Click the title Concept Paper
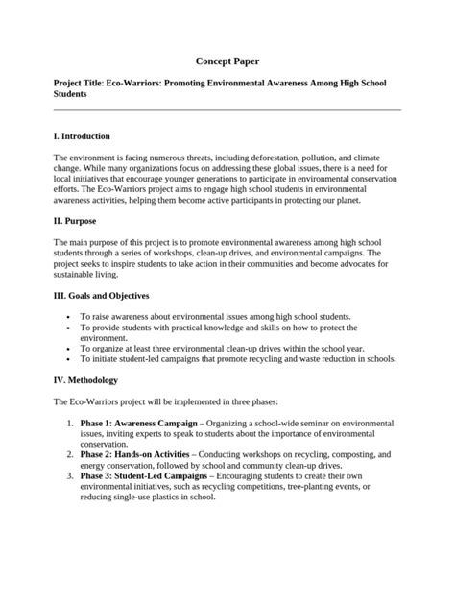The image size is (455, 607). coord(227,61)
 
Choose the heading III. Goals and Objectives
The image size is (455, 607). coord(102,296)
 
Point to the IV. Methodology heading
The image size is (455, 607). coord(90,379)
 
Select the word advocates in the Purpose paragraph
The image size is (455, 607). coord(347,263)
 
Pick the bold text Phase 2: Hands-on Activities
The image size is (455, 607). coord(135,452)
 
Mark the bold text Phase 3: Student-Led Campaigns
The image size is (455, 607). coord(144,477)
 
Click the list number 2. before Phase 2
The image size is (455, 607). coord(70,452)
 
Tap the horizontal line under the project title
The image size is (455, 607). coord(227,109)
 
